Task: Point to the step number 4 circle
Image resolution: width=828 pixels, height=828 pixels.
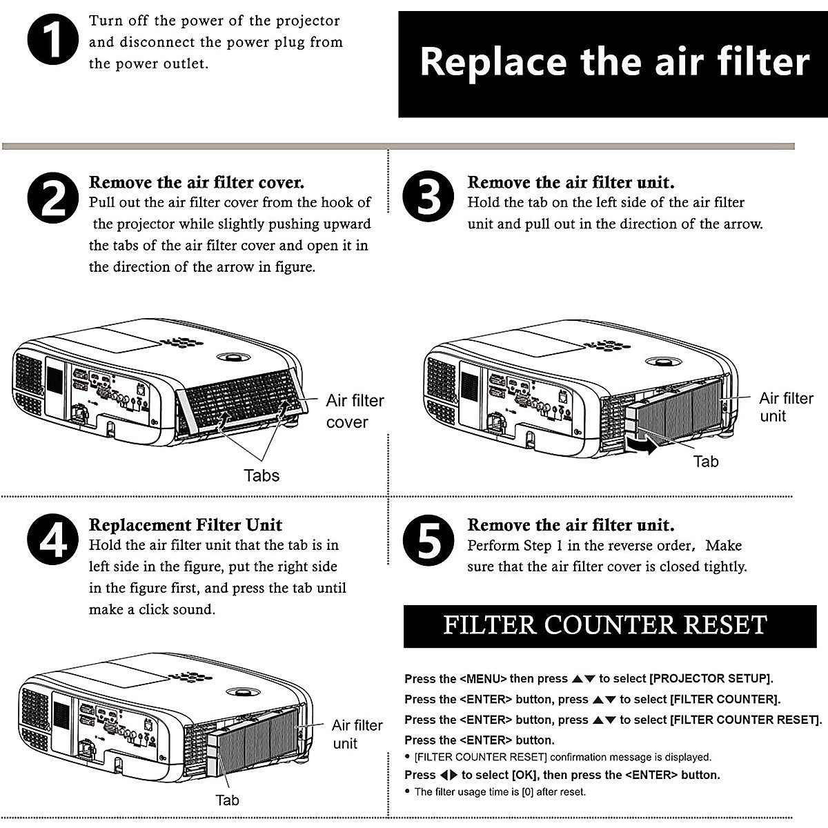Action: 54,540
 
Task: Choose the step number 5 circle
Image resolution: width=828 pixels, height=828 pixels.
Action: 428,540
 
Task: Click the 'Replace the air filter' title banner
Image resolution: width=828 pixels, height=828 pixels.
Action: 613,63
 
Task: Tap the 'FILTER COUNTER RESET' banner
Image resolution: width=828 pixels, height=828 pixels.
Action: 605,625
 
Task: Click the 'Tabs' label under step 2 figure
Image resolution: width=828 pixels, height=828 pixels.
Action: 262,475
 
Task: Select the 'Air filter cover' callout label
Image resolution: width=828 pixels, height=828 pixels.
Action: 355,411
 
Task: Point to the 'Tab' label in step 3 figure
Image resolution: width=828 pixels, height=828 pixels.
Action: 705,462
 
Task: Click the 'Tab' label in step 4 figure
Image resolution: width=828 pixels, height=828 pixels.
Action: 227,800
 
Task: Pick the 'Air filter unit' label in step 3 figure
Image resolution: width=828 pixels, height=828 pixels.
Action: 786,407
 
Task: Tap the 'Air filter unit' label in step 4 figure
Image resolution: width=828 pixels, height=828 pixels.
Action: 356,734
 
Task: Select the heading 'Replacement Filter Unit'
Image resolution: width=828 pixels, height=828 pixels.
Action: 186,525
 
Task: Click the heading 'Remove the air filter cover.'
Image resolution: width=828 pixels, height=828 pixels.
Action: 197,183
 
